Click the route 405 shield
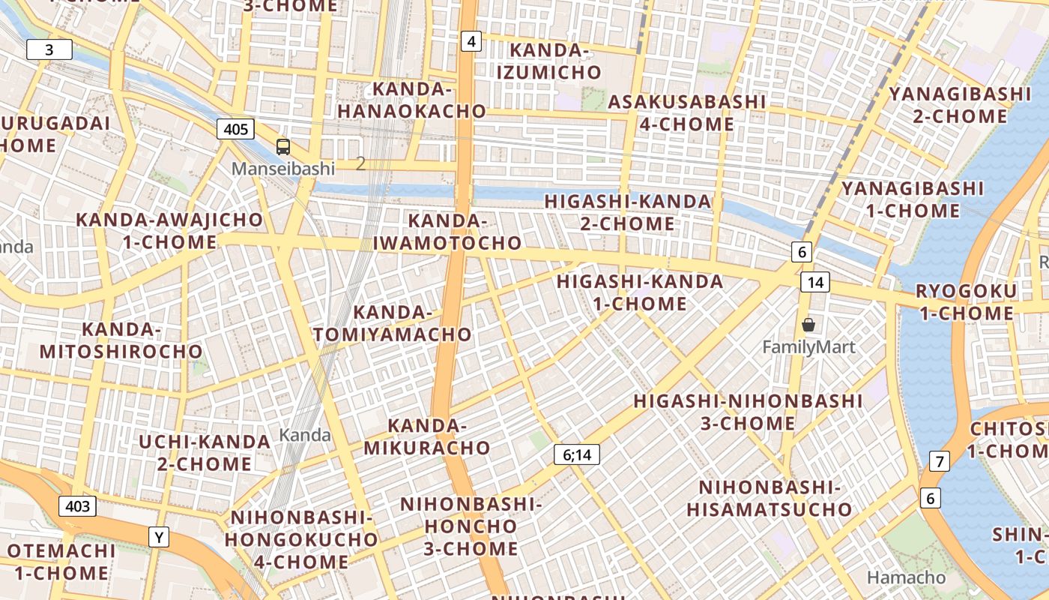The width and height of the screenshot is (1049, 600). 235,129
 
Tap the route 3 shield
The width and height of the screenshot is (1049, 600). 49,50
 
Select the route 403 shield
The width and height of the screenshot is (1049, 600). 78,506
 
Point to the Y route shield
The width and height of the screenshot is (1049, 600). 159,537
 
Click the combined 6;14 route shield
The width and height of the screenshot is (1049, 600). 577,454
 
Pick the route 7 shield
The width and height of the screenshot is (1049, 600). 939,460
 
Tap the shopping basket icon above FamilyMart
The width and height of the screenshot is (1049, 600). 808,325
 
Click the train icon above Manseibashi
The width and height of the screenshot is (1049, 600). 283,147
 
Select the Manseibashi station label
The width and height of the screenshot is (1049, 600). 282,169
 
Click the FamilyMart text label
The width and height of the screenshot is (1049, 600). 808,347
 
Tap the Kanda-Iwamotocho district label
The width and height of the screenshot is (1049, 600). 447,232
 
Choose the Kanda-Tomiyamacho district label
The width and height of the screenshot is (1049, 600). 393,323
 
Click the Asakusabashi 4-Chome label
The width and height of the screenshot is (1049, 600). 686,112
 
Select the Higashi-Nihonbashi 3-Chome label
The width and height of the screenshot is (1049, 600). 748,412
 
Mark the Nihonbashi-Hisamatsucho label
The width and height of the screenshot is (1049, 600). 770,499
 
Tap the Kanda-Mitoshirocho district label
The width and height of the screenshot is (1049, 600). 121,340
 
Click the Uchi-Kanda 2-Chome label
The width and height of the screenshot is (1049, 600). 205,452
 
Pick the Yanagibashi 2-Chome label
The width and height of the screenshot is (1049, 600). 960,105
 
